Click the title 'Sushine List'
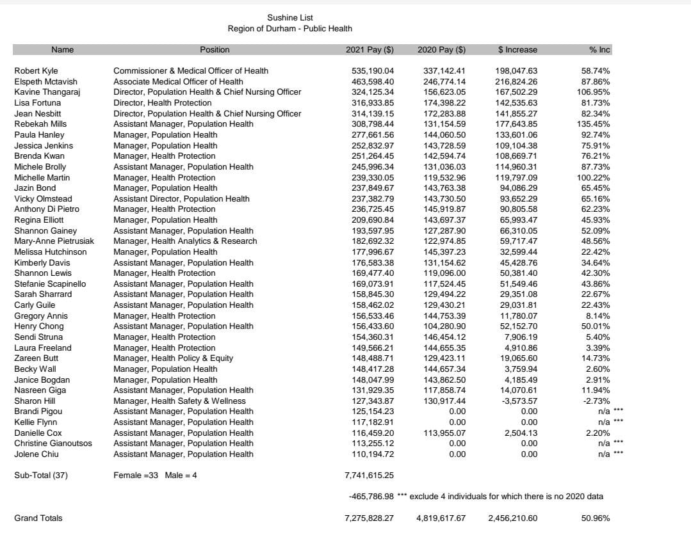(289, 18)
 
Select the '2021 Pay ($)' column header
(370, 50)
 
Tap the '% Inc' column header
(599, 50)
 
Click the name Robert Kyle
(36, 71)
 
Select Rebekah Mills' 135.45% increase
(595, 124)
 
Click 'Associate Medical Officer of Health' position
(178, 82)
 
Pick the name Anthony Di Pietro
(47, 209)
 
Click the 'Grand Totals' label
(38, 518)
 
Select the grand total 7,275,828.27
(369, 518)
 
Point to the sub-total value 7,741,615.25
(369, 475)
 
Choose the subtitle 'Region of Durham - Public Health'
(289, 29)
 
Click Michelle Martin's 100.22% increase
(595, 177)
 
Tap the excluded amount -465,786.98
(371, 497)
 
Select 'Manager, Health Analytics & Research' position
(185, 241)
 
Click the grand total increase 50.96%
(595, 518)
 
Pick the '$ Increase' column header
(517, 50)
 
